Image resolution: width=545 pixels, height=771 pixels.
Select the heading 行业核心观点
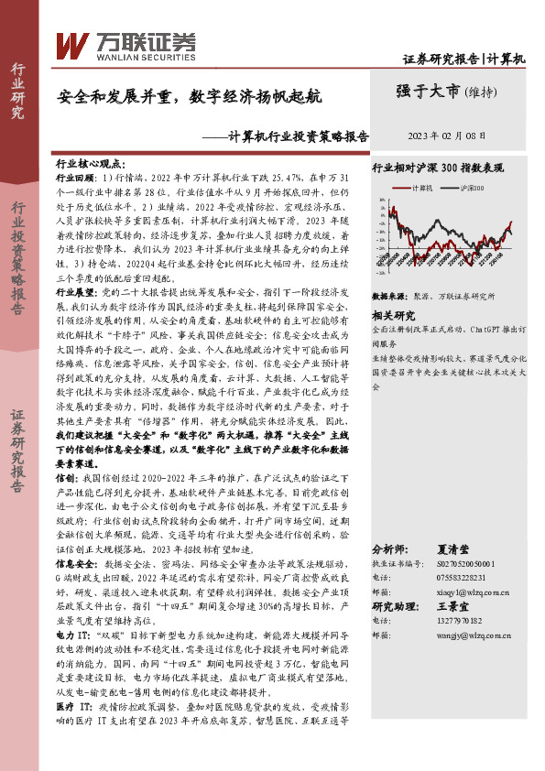click(x=91, y=160)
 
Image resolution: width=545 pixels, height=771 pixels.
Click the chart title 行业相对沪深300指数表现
click(x=437, y=168)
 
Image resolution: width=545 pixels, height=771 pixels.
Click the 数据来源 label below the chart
click(x=388, y=298)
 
